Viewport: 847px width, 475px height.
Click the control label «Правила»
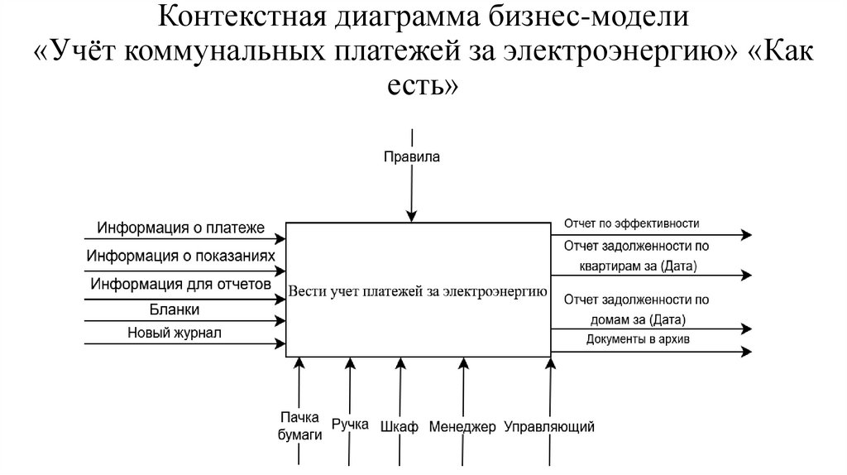click(412, 156)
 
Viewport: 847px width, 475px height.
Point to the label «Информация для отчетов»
click(181, 284)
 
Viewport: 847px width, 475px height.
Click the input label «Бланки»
click(175, 309)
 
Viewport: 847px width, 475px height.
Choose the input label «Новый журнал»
click(175, 333)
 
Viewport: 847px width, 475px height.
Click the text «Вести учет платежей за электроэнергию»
click(417, 291)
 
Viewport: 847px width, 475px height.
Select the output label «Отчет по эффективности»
click(632, 223)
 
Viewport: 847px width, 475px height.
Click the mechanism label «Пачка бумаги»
click(299, 426)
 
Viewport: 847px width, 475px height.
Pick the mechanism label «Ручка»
click(350, 425)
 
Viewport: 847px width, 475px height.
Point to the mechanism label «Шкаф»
click(400, 427)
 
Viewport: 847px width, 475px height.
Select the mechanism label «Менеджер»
click(462, 427)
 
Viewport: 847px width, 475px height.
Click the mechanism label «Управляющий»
click(549, 427)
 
